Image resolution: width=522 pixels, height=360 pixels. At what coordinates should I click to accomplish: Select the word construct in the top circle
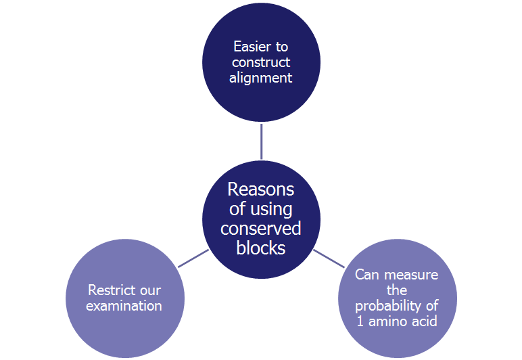pos(261,62)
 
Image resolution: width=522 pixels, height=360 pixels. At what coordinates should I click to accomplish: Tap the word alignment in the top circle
pos(261,78)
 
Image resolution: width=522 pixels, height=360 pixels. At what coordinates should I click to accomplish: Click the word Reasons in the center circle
pos(261,189)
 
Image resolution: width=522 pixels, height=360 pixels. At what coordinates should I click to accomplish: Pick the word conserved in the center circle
pos(261,229)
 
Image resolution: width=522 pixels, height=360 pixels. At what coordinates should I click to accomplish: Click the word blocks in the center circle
pos(261,248)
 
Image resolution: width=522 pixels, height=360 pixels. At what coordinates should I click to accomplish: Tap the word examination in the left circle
pos(124,307)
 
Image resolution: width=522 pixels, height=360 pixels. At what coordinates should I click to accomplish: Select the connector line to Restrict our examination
pos(193,258)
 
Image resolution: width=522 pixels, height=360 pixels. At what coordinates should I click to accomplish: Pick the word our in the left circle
pos(151,291)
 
